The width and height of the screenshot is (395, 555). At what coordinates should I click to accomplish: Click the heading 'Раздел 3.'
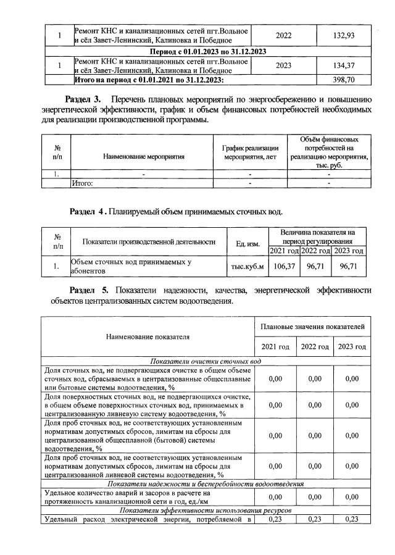[85, 99]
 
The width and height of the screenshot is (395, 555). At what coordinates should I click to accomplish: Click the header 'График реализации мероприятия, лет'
[250, 152]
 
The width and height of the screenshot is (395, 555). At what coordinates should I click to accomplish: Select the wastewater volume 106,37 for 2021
[284, 266]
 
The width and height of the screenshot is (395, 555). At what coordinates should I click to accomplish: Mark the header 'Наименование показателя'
[148, 337]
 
